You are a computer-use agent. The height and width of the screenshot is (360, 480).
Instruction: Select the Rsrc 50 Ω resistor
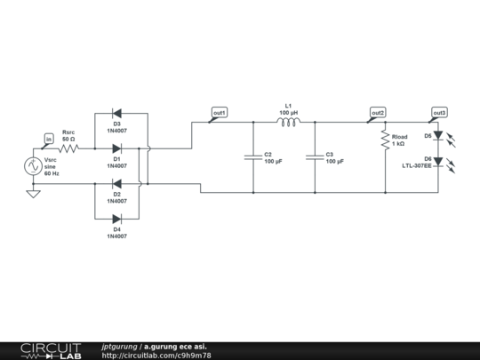tap(68, 148)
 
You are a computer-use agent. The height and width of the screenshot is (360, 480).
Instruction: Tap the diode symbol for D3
tap(116, 113)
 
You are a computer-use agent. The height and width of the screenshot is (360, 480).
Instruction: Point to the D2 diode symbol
tap(116, 183)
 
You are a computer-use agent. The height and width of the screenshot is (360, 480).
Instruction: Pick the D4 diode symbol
tap(116, 218)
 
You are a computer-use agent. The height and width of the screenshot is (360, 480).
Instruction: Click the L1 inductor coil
tap(288, 123)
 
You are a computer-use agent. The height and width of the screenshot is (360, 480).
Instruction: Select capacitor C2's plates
tap(253, 156)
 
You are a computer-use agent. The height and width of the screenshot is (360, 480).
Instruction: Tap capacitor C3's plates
tap(315, 156)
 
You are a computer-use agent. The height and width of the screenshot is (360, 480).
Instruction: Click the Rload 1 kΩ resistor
tap(385, 140)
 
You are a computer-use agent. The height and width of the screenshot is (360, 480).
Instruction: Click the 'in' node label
tap(49, 139)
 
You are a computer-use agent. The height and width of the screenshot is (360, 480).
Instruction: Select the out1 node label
tap(219, 113)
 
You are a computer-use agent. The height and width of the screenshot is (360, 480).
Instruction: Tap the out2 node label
tap(378, 113)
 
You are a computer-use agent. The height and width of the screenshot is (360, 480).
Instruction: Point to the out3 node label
tap(439, 113)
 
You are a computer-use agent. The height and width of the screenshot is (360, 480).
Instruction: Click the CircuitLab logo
tap(51, 350)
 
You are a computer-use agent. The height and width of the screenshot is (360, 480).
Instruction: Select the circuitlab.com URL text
tap(156, 355)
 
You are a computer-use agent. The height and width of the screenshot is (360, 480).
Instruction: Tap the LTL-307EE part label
tap(416, 165)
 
